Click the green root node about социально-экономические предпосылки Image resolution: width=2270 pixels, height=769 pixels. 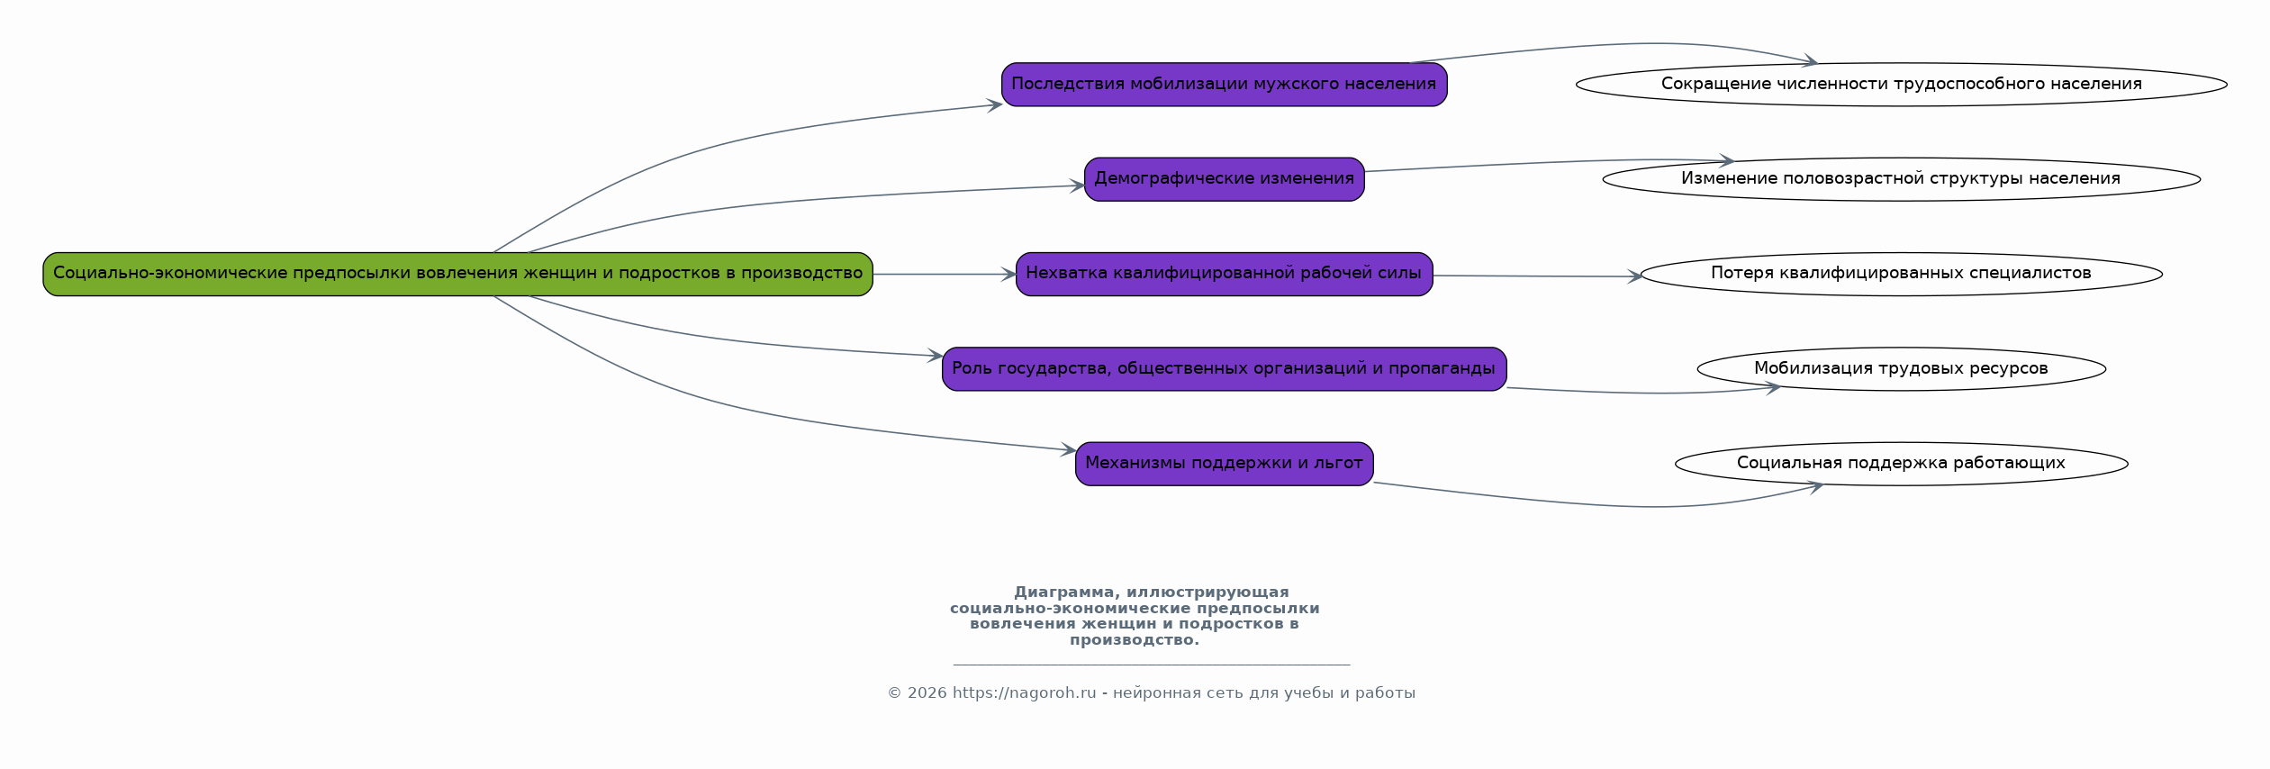(x=457, y=274)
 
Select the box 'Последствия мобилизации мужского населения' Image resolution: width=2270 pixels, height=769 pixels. (x=1224, y=85)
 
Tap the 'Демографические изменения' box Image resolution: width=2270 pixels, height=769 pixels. (x=1224, y=179)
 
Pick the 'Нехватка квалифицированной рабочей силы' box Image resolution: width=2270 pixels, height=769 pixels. (x=1224, y=274)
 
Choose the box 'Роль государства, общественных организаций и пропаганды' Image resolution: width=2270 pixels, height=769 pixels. (x=1224, y=369)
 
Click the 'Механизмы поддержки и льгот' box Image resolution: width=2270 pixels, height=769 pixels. (x=1224, y=464)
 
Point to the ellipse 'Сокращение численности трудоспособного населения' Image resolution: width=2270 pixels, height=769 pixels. (x=1901, y=85)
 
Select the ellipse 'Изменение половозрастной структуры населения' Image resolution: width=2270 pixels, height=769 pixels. (x=1901, y=179)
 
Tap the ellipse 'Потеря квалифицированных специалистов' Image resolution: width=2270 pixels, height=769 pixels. (x=1901, y=274)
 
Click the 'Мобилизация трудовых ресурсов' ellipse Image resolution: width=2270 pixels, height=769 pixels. (x=1901, y=369)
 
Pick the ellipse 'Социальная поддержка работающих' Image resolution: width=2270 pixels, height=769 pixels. (x=1901, y=464)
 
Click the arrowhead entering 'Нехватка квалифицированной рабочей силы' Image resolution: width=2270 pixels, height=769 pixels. (x=1008, y=274)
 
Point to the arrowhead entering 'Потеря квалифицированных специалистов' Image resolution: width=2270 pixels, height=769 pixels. (x=1634, y=276)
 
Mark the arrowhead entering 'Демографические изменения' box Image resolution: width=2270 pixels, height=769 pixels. (x=1077, y=186)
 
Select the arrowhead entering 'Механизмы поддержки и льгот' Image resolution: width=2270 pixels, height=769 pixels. (x=1068, y=449)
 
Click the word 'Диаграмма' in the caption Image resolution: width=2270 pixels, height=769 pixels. (x=1065, y=593)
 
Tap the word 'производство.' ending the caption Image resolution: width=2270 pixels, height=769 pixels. (x=1134, y=640)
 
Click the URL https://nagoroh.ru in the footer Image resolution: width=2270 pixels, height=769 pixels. (x=1024, y=693)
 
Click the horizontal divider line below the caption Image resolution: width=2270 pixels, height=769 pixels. (x=1151, y=665)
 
